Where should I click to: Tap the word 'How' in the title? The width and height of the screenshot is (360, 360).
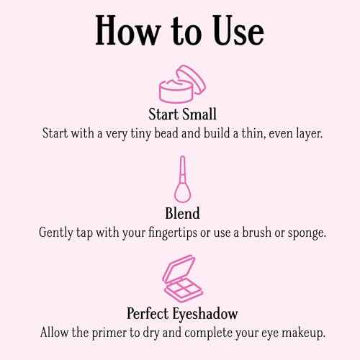tap(124, 33)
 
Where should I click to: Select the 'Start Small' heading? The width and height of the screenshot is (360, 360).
tap(180, 115)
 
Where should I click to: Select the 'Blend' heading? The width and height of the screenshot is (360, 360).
tap(180, 214)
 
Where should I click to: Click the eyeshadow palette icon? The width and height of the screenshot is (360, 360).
tap(179, 282)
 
